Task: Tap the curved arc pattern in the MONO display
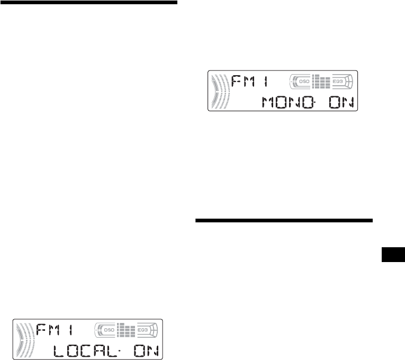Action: [218, 91]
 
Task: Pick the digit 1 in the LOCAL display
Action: [73, 331]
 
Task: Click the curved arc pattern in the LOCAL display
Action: [23, 340]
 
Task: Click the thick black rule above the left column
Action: [89, 2]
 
